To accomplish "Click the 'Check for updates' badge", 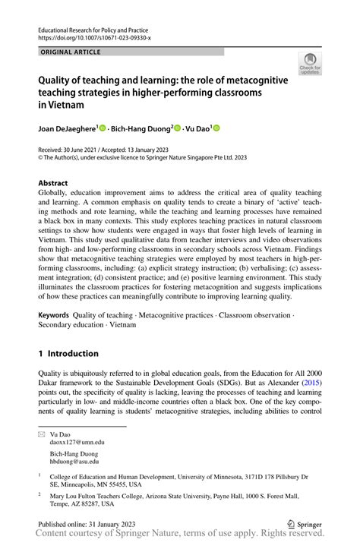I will coord(310,65).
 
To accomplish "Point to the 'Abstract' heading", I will coord(53,183).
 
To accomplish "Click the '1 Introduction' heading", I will coord(68,353).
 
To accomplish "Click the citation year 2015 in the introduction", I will coord(311,384).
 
